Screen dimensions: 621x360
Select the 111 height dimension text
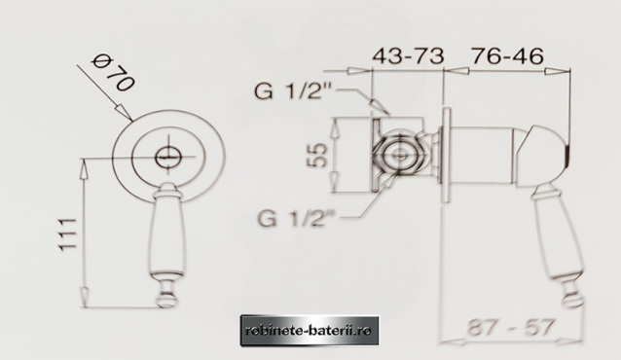(x=67, y=234)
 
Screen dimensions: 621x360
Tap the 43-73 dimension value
(x=408, y=55)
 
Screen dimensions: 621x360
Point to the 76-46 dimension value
(x=507, y=55)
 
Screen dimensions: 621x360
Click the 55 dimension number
(x=317, y=155)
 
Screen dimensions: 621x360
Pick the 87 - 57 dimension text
(x=510, y=328)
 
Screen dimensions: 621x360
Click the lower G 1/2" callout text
(x=297, y=217)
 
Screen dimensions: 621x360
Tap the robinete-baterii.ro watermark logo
(x=310, y=331)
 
